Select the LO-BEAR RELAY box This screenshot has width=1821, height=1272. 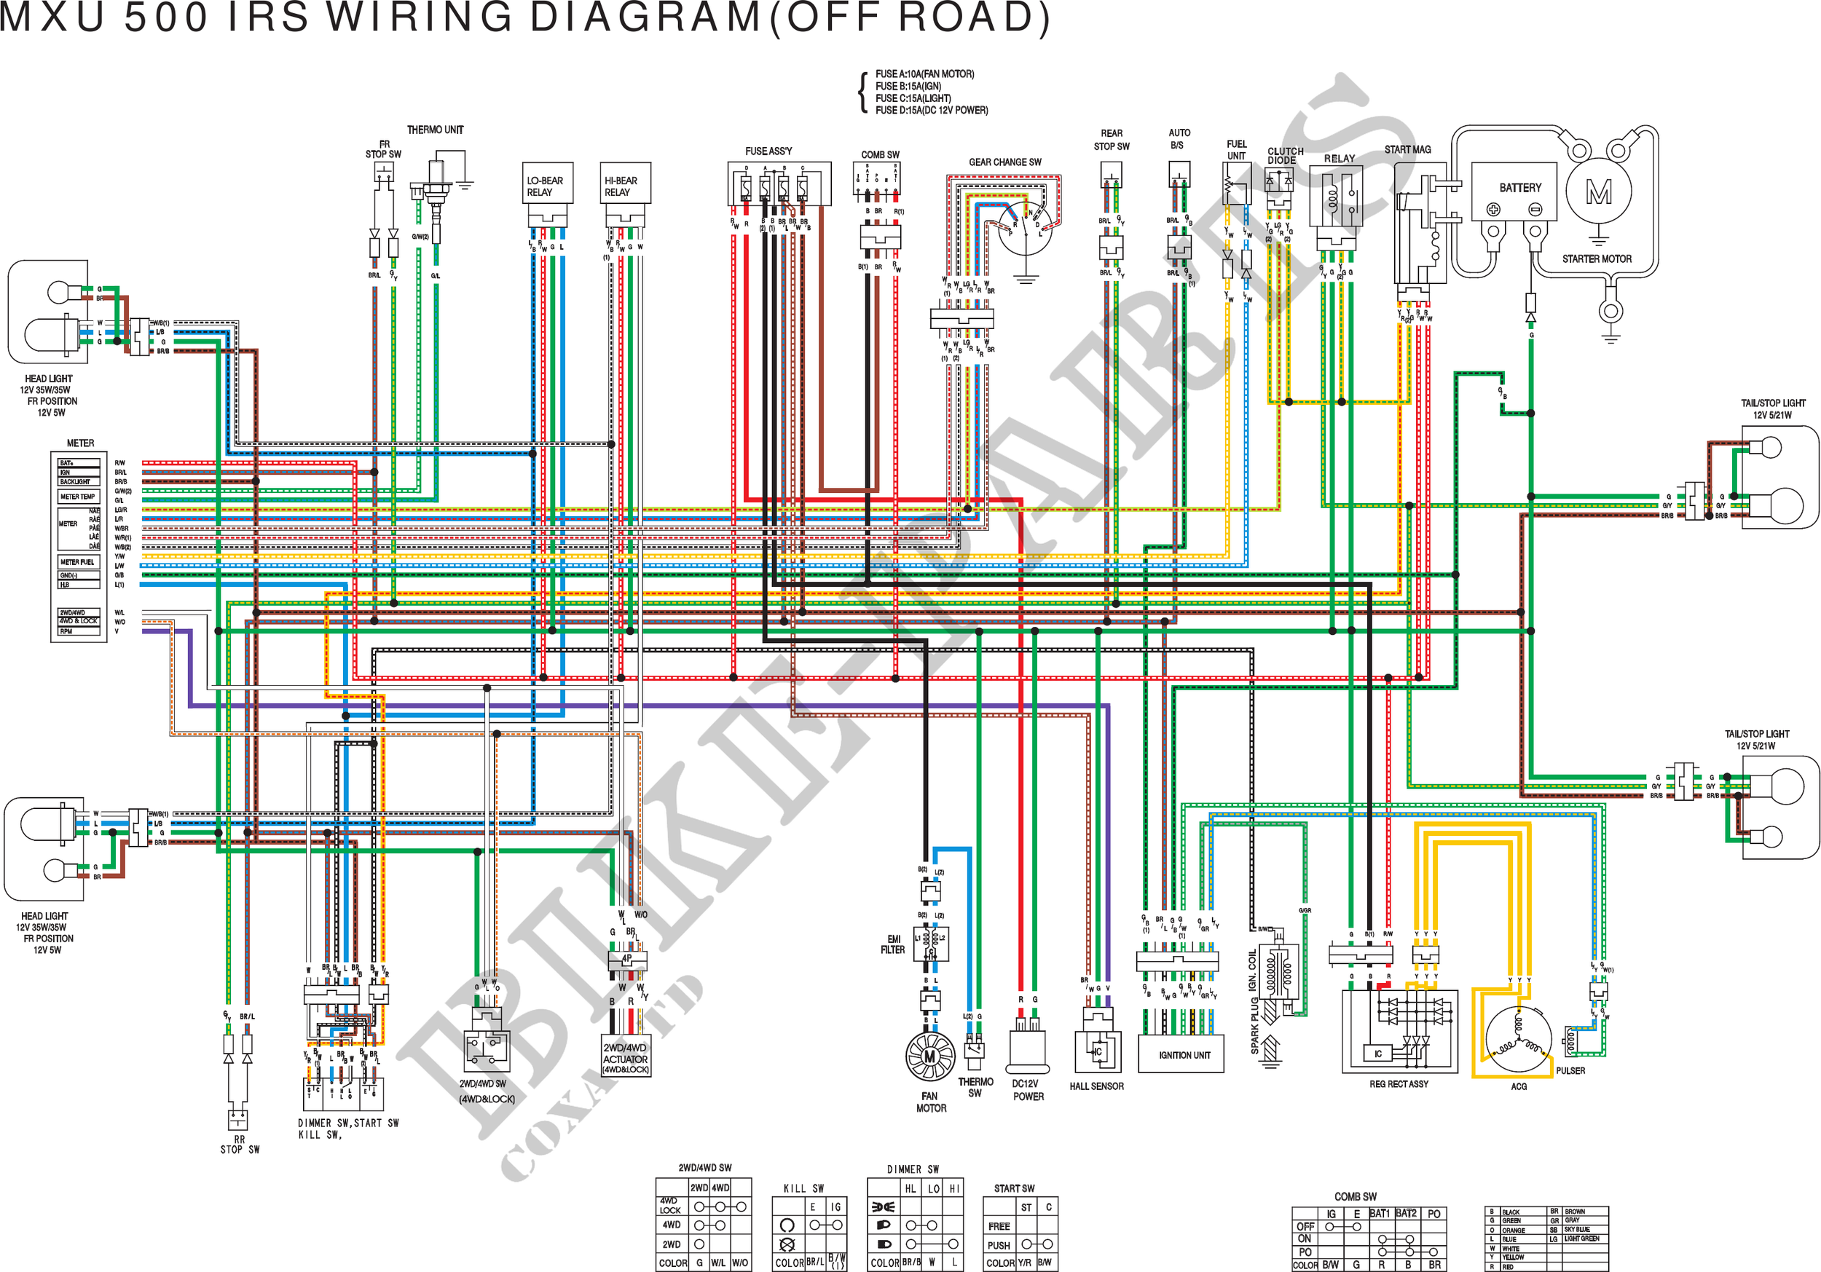546,186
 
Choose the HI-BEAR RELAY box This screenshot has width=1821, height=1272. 625,186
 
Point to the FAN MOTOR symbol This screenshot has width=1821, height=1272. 929,1056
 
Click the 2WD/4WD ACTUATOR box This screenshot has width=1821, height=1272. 626,1058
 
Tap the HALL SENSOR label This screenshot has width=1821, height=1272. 1096,1086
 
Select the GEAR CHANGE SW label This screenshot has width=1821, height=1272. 1005,162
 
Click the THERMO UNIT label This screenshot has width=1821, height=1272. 436,130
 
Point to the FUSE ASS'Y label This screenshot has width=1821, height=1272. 768,151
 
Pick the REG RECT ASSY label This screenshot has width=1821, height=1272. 1399,1084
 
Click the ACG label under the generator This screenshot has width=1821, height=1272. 1518,1086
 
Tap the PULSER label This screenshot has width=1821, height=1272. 1570,1070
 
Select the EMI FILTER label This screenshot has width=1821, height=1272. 892,944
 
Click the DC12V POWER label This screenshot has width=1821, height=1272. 1027,1089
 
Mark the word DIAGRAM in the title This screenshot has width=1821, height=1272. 645,17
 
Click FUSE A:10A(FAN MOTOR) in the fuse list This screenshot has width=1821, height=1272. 925,74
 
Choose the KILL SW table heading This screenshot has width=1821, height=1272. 803,1188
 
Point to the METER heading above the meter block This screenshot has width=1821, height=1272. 80,443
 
